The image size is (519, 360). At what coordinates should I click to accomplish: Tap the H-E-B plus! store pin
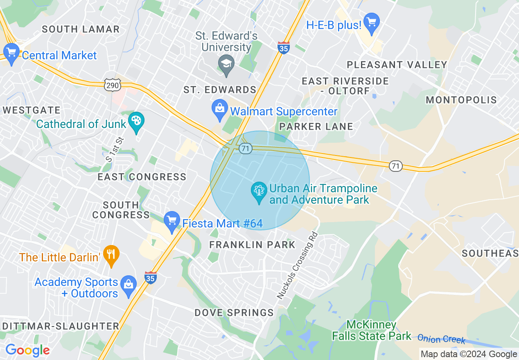(x=372, y=23)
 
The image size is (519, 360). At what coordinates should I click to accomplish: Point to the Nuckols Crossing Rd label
(x=297, y=265)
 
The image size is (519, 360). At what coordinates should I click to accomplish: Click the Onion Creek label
(x=441, y=339)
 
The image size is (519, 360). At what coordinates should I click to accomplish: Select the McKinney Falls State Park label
(x=371, y=331)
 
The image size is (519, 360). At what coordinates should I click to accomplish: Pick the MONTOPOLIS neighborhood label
(x=461, y=100)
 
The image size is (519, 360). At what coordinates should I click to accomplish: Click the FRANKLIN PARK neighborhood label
(x=252, y=245)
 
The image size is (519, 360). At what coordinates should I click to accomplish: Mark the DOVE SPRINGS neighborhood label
(x=234, y=313)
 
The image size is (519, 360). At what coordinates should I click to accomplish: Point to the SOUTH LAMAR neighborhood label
(x=81, y=29)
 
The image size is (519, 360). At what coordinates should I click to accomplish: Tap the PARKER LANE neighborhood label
(x=316, y=126)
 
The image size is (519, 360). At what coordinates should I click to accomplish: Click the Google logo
(x=27, y=350)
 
